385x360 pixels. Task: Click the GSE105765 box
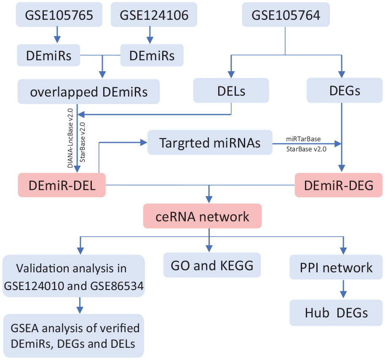coord(59,14)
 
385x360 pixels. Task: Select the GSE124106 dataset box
coord(154,14)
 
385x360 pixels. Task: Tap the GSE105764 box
coord(286,14)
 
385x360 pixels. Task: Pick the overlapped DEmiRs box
coord(88,91)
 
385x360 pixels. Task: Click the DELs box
coord(231,91)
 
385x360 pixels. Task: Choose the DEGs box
coord(345,91)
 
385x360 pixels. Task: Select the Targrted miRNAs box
coord(210,142)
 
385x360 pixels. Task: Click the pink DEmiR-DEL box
coord(61,185)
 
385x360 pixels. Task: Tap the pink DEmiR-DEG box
coord(339,185)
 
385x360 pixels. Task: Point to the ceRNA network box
coord(203,216)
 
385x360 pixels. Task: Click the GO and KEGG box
coord(212,265)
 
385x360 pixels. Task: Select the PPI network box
coord(336,267)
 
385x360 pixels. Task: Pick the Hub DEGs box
coord(336,312)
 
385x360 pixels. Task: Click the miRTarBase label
coord(303,139)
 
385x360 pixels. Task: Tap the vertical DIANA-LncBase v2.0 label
coord(70,138)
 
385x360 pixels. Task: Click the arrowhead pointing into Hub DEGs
coord(343,294)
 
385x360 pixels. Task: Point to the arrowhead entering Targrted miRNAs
coord(144,142)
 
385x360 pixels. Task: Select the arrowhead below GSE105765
coord(57,40)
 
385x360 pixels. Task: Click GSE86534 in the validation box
coord(117,286)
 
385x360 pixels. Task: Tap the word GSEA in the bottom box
coord(25,328)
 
